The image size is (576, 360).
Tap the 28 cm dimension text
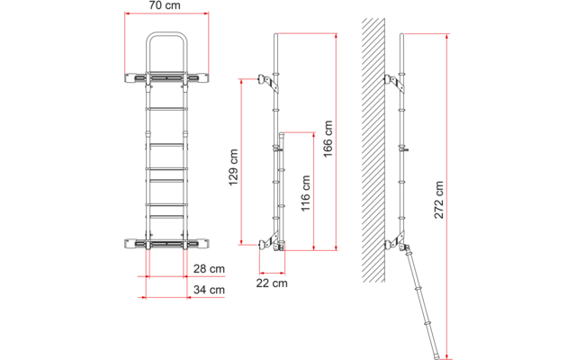(x=210, y=269)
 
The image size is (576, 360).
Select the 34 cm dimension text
(x=210, y=289)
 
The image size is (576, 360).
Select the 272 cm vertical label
(x=438, y=201)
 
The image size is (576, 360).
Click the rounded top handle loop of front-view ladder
(x=166, y=49)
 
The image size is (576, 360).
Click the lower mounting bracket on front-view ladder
(x=166, y=244)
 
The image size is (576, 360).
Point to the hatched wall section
(x=378, y=144)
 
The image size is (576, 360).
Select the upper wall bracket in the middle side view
(x=267, y=83)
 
